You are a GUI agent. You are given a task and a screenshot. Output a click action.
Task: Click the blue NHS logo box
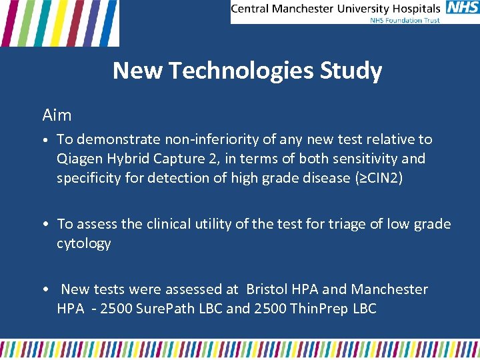tap(463, 8)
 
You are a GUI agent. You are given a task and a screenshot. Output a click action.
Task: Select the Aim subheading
tap(57, 115)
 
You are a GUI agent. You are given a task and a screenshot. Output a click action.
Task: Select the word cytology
tap(83, 243)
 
